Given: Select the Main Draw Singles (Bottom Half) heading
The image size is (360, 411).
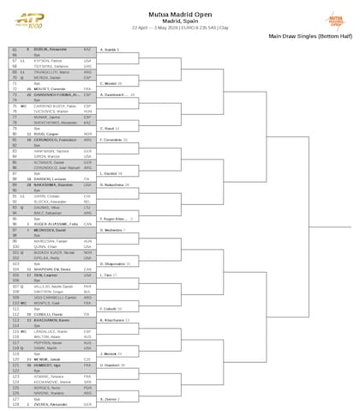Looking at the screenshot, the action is (x=311, y=37).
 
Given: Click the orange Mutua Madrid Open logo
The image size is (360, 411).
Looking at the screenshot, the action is (x=339, y=18).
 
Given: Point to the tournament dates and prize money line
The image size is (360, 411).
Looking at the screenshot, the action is (x=179, y=29).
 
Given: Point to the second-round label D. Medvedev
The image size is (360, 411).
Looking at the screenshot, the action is (x=115, y=231).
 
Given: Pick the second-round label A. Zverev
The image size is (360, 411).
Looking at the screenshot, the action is (x=112, y=398).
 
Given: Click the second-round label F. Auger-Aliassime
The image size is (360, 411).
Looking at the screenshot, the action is (x=119, y=218).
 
